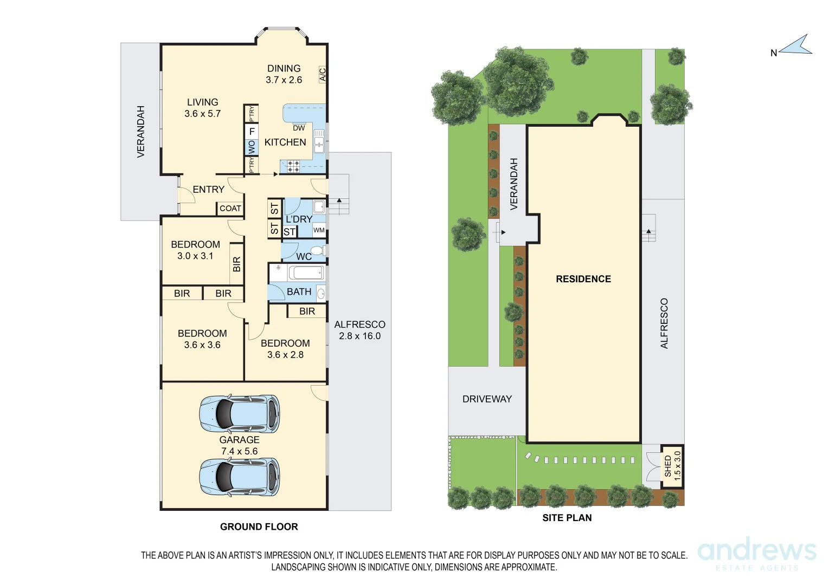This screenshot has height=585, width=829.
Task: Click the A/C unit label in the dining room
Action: click(x=323, y=74)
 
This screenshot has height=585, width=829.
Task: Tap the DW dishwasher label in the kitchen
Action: click(x=299, y=128)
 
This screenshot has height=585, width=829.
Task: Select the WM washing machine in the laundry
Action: click(x=319, y=230)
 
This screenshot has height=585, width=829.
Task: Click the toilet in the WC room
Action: click(x=318, y=251)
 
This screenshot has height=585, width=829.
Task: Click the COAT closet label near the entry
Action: click(x=230, y=209)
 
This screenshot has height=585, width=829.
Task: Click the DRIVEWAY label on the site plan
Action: click(x=487, y=399)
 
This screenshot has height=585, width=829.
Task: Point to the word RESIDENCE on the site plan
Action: click(x=583, y=279)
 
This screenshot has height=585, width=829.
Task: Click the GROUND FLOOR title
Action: click(x=259, y=526)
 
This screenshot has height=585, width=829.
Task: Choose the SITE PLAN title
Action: click(x=567, y=518)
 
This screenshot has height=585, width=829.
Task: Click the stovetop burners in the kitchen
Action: click(x=294, y=166)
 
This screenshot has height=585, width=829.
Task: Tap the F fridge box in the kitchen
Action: click(x=252, y=131)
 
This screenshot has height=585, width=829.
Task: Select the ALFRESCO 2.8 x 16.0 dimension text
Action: click(x=359, y=330)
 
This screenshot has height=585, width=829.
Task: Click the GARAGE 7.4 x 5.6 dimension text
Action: click(x=239, y=445)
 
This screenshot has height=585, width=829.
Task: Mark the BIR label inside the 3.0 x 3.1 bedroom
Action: click(x=237, y=264)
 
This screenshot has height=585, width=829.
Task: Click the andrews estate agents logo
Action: click(x=757, y=554)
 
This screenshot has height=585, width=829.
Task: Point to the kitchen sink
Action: click(x=319, y=141)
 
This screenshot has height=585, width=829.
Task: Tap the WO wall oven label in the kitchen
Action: click(x=252, y=147)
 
